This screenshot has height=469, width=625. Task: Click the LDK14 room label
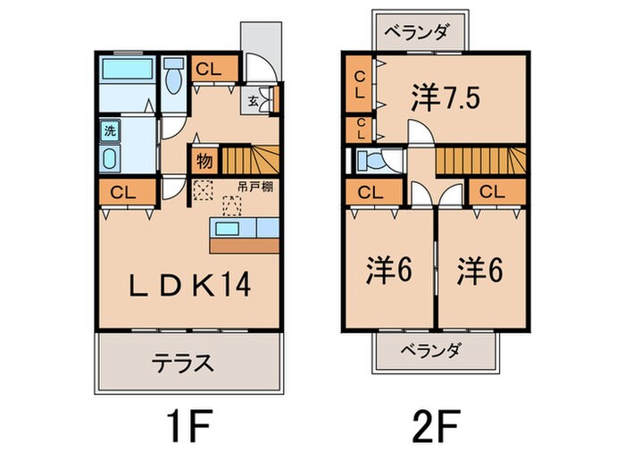189,284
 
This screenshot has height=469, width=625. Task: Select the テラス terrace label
182,363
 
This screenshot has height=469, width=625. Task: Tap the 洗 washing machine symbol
110,130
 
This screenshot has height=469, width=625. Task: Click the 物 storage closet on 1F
204,160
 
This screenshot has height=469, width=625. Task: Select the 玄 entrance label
253,101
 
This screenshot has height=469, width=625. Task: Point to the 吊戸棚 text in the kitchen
255,187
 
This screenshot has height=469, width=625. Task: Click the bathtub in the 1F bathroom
127,69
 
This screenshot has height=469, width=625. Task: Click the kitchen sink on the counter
227,229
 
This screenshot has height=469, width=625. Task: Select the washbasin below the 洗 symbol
110,159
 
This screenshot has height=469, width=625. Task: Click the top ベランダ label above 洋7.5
417,31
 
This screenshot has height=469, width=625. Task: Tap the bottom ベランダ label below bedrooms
431,350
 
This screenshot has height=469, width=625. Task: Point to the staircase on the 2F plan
481,160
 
